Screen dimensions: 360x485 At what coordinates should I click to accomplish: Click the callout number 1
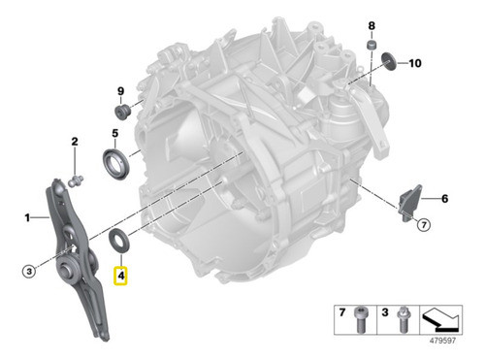pos(28,218)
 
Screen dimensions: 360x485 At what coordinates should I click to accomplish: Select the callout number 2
pos(74,144)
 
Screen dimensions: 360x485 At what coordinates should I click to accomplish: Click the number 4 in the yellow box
pos(121,277)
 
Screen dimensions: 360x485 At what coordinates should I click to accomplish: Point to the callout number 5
pos(113,133)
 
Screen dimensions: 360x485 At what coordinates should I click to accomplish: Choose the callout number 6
pos(445,200)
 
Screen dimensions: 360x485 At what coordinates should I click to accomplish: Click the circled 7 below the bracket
pos(423,227)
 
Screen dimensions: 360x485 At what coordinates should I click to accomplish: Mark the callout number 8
pos(371,23)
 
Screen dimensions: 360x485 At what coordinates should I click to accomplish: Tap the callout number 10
pos(414,64)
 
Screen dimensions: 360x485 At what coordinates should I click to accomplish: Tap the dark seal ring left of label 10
pos(390,64)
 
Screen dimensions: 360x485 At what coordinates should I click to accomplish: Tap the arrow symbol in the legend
pos(449,319)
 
